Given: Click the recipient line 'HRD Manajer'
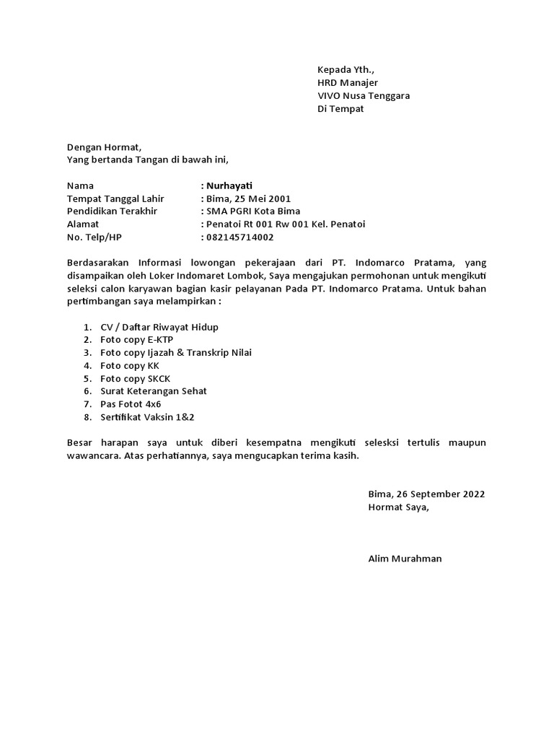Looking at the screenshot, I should (x=348, y=83).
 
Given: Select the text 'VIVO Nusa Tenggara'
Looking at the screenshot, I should (x=364, y=96).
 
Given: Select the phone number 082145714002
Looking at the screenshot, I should (x=239, y=237).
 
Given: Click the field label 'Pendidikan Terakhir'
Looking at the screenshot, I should (x=112, y=211).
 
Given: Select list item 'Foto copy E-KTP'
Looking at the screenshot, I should (x=137, y=340).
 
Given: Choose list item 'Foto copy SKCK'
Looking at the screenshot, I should (x=136, y=378).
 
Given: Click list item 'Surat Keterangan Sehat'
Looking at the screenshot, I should (x=154, y=391).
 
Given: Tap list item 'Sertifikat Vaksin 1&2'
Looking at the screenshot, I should (x=148, y=417).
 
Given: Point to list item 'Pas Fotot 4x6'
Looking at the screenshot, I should (x=132, y=404).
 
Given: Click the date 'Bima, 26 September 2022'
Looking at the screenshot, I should (x=426, y=494).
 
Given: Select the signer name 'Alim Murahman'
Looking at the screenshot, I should (x=405, y=559).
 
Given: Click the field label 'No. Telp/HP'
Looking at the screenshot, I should (x=94, y=237).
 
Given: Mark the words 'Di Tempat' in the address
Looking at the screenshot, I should (x=340, y=109).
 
